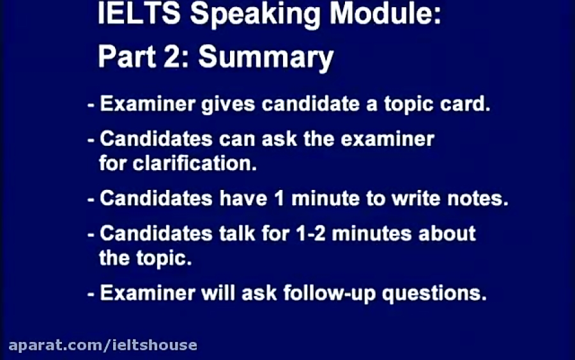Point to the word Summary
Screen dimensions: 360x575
tap(265, 58)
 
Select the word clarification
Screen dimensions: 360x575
tap(194, 163)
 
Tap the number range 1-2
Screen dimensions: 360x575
tap(312, 233)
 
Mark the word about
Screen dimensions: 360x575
tap(446, 233)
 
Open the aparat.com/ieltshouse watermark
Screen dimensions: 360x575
tap(99, 345)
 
